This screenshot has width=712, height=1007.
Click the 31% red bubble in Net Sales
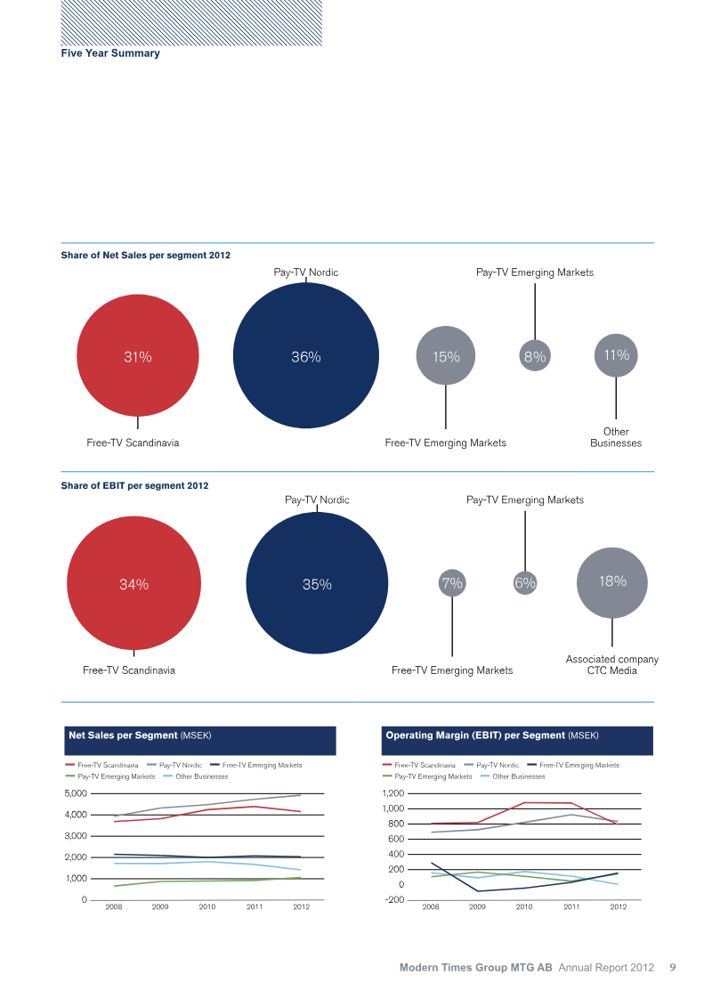(x=138, y=356)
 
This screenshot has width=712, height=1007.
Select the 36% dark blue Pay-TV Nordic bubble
(x=306, y=356)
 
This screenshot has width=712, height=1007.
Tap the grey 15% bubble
(x=446, y=356)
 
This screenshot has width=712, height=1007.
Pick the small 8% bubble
(x=535, y=356)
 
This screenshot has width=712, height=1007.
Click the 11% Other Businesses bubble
(x=616, y=354)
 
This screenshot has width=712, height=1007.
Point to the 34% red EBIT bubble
(x=134, y=584)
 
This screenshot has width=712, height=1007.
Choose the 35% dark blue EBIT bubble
(x=317, y=584)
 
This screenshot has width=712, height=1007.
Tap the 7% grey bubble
(x=452, y=583)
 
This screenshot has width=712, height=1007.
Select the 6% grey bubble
(x=525, y=583)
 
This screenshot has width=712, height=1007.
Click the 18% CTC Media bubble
(x=612, y=581)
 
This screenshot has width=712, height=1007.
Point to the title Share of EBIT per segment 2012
(x=134, y=485)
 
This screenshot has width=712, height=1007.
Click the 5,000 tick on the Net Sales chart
(x=76, y=793)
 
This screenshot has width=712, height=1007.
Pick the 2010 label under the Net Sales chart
(x=207, y=907)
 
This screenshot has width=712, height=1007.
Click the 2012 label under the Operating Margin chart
(x=618, y=907)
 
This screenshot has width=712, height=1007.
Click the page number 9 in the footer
(x=673, y=967)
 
